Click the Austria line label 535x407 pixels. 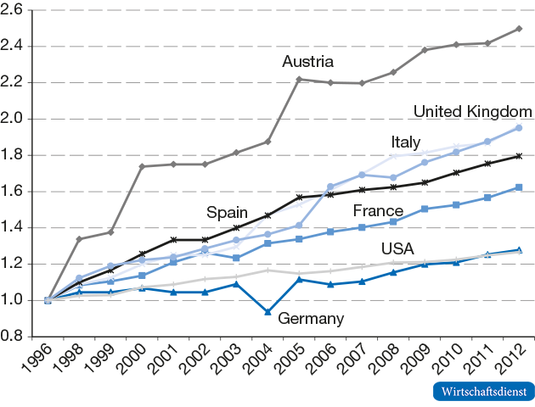pos(307,61)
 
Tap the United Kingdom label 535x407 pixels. pos(472,112)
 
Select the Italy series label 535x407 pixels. pos(407,141)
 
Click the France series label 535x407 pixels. pos(378,210)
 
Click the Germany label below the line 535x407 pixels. pos(310,319)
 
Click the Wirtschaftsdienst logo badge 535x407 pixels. pos(483,392)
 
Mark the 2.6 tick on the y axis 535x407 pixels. pos(14,10)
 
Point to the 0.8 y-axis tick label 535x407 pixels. pos(14,336)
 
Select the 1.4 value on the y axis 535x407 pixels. pos(14,227)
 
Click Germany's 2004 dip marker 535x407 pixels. pos(267,312)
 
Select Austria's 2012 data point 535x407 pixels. pos(519,29)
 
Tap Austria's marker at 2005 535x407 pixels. pos(299,80)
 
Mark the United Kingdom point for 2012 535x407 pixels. pos(519,127)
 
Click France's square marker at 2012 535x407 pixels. pos(519,187)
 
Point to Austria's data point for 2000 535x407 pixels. pos(142,166)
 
